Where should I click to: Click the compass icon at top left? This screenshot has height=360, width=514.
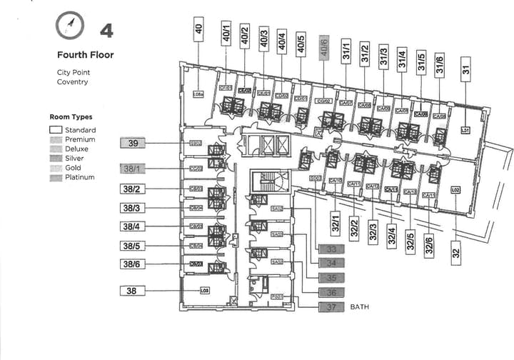pos(69,27)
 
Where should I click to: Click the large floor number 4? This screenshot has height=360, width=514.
pos(106,30)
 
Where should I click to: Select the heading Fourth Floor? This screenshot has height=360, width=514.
pos(85,54)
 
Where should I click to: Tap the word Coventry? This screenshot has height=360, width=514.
pos(72,82)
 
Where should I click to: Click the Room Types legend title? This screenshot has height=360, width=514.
pos(71,116)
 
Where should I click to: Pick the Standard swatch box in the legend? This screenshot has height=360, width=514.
pos(56,130)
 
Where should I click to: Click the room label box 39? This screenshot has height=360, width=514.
pos(133,144)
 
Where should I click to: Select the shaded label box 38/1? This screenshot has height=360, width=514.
pos(133,169)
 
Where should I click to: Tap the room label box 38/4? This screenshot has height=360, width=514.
pos(133,226)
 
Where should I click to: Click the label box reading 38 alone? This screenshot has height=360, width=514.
pos(133,291)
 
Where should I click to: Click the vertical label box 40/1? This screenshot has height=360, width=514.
pos(226,35)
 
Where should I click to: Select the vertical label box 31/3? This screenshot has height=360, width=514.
pos(383,56)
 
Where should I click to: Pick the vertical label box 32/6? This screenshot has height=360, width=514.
pos(429,246)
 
